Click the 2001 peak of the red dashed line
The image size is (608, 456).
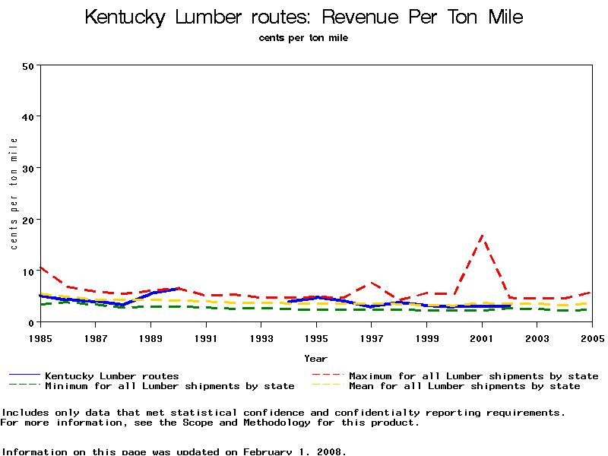(x=482, y=236)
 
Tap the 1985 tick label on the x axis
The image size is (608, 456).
(x=40, y=337)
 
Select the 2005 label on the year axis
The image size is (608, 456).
(x=592, y=337)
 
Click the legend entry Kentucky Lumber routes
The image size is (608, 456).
(x=112, y=375)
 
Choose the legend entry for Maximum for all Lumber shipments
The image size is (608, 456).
(x=473, y=375)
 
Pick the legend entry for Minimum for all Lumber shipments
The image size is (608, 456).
(x=169, y=386)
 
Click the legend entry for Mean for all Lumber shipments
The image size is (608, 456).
(x=464, y=386)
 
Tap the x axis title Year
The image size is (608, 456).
(x=315, y=358)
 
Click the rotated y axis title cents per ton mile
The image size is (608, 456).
(x=14, y=193)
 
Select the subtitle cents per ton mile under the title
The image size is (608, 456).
(x=303, y=37)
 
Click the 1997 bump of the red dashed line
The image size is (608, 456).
(x=371, y=283)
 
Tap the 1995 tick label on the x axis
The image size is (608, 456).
(x=315, y=337)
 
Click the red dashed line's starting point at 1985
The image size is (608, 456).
(x=40, y=267)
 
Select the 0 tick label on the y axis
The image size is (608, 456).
(x=32, y=322)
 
